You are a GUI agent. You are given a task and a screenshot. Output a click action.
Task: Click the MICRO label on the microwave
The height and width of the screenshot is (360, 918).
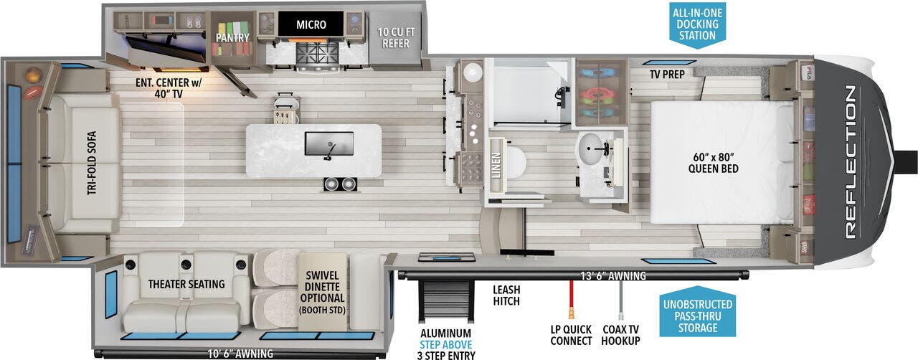(311, 24)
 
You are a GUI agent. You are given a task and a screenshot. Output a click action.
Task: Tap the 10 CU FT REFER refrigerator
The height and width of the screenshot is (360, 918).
(396, 38)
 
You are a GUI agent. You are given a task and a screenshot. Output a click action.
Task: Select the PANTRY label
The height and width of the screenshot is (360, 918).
(232, 37)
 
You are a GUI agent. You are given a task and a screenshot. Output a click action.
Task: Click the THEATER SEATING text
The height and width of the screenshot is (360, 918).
(186, 284)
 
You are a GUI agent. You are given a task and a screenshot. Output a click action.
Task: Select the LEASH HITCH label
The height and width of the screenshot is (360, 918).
(506, 295)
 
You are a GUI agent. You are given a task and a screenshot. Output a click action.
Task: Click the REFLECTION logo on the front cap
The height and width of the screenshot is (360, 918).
(851, 162)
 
